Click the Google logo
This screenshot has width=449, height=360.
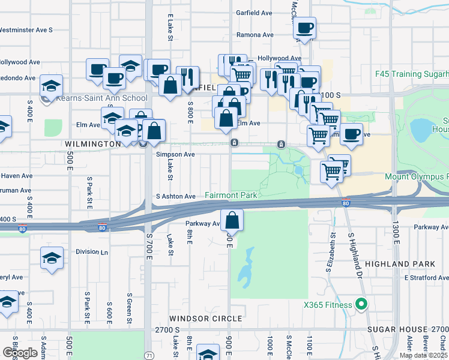tap(20, 353)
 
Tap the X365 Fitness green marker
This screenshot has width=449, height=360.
tap(361, 305)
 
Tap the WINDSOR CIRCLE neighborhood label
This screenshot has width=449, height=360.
tap(205, 319)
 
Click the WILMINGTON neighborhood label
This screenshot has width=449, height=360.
tap(93, 145)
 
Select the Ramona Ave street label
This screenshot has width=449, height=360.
tap(255, 35)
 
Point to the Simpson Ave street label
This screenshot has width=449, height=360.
tap(175, 154)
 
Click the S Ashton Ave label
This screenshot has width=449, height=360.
tap(175, 196)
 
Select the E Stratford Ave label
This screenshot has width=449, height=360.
tap(426, 278)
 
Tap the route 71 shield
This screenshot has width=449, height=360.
tap(149, 356)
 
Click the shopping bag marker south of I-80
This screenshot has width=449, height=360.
tap(232, 221)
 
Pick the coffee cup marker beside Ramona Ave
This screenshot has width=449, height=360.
tap(304, 28)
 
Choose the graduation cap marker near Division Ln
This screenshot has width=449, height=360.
tap(52, 259)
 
